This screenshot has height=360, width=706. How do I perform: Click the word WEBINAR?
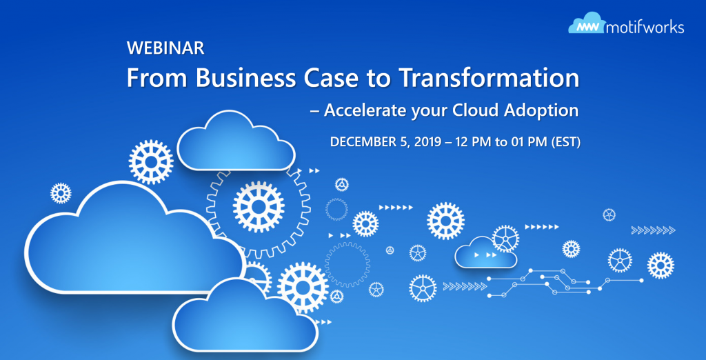[165, 48]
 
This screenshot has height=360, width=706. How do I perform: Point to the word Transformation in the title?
[489, 78]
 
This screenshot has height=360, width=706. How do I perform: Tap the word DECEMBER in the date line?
[363, 142]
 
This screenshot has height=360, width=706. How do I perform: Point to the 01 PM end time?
[526, 142]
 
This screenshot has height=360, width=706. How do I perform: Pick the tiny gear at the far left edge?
[61, 192]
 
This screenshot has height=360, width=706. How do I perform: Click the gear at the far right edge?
[660, 265]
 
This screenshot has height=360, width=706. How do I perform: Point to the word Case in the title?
[326, 78]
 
